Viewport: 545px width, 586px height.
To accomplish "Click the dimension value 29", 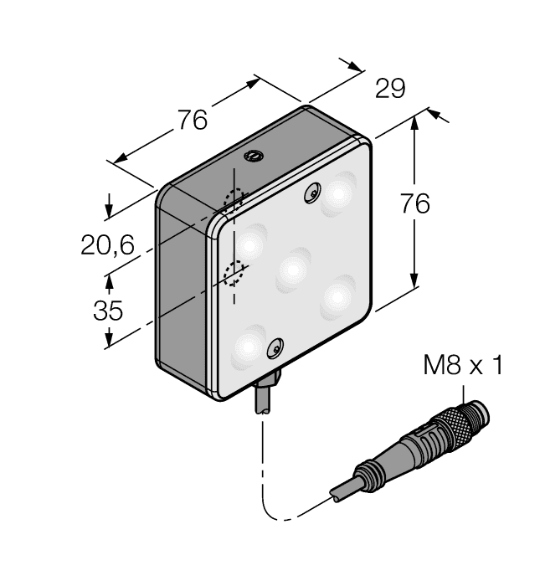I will point(389,89).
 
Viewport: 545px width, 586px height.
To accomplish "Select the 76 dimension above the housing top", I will point(192,121).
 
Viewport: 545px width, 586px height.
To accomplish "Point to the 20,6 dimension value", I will point(107,245).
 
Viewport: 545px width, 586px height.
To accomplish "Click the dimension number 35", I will point(107,311).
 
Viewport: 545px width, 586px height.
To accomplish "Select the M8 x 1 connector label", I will point(463,366).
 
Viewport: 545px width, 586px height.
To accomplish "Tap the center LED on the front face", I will point(293,269).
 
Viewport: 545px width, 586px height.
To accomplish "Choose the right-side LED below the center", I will point(339,296).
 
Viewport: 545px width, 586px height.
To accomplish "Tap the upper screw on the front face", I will point(312,193).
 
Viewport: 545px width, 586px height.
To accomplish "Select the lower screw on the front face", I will point(274,347).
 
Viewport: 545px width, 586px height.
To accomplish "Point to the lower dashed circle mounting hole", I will point(234,272).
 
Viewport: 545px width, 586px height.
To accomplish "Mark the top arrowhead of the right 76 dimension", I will point(415,122).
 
